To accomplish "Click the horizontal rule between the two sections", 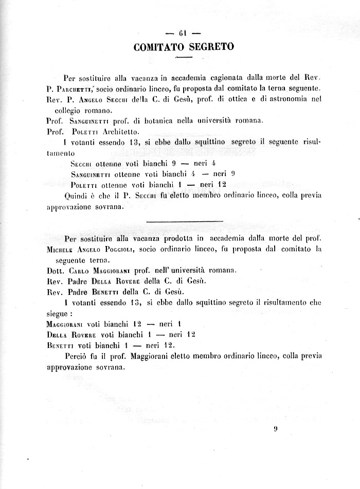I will [185, 221].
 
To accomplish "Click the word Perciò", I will [76, 356].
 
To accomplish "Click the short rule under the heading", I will [183, 56].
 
